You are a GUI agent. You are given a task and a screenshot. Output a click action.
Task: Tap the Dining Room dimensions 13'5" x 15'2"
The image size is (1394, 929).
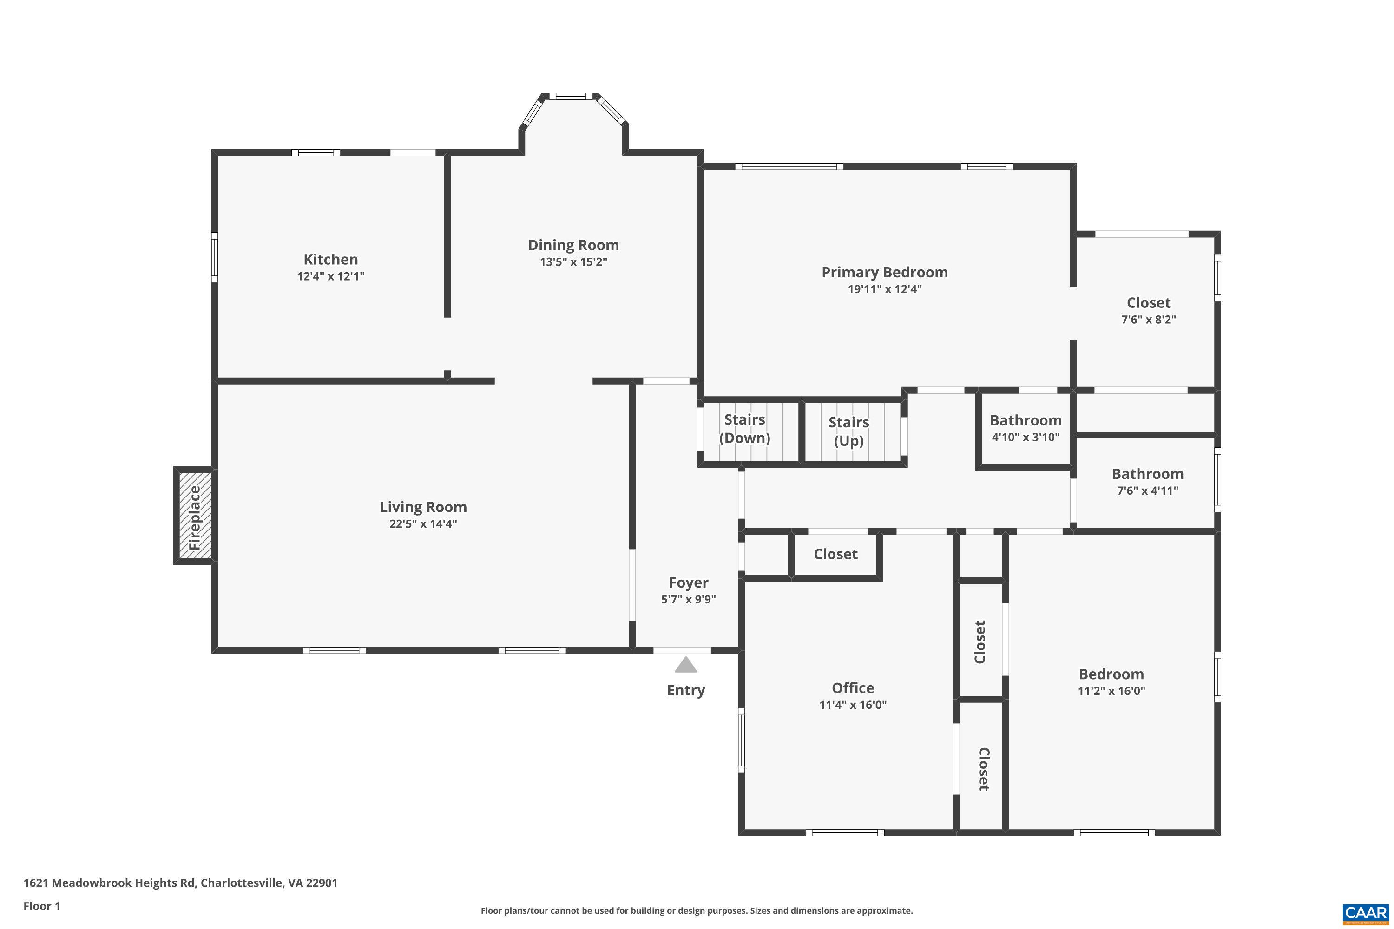(573, 262)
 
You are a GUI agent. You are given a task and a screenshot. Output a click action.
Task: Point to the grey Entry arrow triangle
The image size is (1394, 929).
(686, 665)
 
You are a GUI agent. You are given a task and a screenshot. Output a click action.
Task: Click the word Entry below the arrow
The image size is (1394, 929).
(686, 690)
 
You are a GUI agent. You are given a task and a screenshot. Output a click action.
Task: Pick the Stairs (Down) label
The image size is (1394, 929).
(744, 428)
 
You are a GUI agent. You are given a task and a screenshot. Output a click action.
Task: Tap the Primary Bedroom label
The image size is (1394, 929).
(884, 273)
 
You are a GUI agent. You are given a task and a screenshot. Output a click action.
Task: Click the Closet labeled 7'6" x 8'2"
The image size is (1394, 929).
(1148, 310)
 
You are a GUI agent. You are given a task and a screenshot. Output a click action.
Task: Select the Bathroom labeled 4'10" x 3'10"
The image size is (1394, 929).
(1026, 428)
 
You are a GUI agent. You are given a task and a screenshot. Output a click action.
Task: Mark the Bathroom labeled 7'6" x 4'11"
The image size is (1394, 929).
(1147, 481)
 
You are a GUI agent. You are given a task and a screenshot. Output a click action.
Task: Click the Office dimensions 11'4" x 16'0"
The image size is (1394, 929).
(852, 705)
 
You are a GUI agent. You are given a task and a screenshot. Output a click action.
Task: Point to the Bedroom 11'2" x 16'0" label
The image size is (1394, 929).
(1111, 681)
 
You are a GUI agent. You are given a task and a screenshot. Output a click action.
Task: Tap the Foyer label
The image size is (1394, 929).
(688, 583)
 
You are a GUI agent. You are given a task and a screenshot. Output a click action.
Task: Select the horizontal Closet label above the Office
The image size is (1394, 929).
(835, 555)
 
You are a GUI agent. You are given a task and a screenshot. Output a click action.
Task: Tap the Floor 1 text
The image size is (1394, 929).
(41, 906)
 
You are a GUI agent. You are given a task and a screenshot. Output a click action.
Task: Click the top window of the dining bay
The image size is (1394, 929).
(570, 96)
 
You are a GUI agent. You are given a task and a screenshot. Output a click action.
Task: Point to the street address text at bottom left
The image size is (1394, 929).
(180, 883)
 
